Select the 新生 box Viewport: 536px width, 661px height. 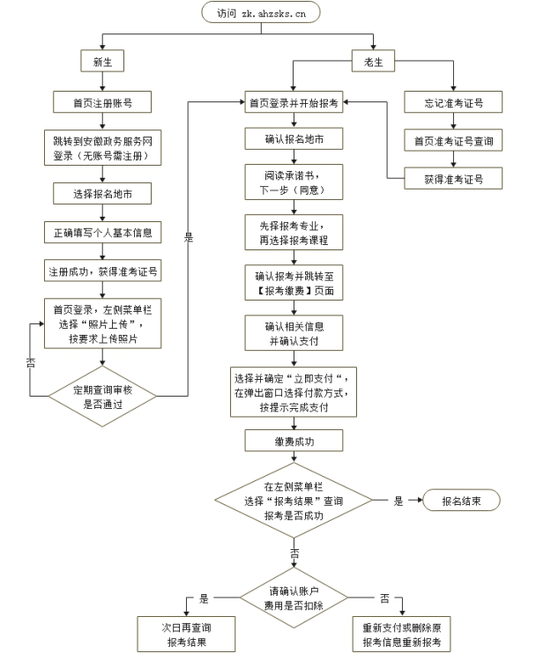(102, 61)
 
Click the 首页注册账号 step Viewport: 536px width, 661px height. (102, 102)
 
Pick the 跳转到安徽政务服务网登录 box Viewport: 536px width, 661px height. (102, 147)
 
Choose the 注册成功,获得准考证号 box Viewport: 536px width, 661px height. (102, 271)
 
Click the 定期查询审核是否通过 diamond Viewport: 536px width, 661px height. (102, 395)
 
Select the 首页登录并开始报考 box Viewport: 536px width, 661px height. (293, 102)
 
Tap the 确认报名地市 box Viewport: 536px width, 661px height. (293, 139)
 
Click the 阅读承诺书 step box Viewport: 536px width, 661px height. (293, 182)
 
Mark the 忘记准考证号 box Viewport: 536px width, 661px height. (454, 102)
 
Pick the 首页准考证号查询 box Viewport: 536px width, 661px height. (454, 139)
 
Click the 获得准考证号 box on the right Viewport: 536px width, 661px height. (454, 178)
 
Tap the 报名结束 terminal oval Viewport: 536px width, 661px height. (461, 501)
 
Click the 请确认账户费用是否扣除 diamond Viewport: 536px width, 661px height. (293, 597)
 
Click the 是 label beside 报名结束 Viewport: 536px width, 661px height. (398, 501)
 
